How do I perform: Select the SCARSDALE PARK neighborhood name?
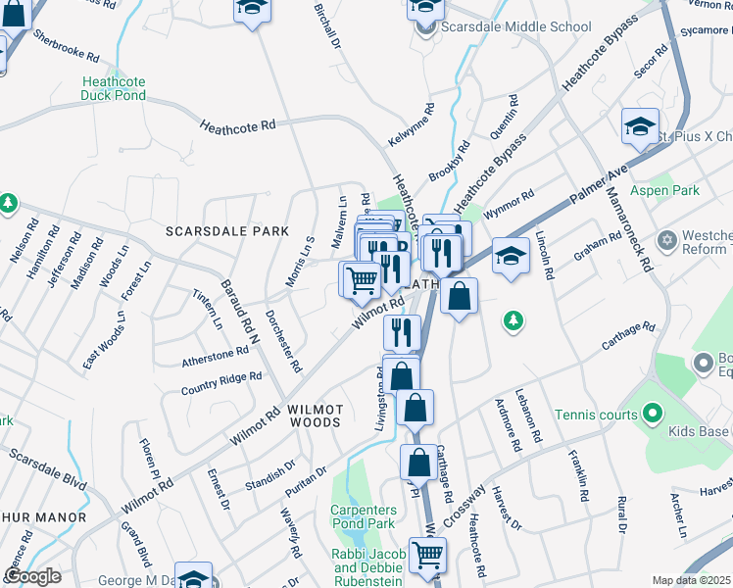tap(227, 231)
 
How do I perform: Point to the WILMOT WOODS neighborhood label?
tap(314, 415)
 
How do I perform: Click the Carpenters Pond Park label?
tap(363, 517)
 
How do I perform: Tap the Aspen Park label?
tap(664, 190)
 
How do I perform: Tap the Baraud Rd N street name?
tap(238, 303)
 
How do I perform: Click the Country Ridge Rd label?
tap(221, 383)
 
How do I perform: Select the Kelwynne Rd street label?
tap(410, 127)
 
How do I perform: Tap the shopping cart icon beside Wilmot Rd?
tap(360, 280)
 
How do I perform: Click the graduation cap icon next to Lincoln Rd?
tap(510, 257)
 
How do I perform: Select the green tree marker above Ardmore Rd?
tap(510, 320)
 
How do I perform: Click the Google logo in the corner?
tap(32, 576)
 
